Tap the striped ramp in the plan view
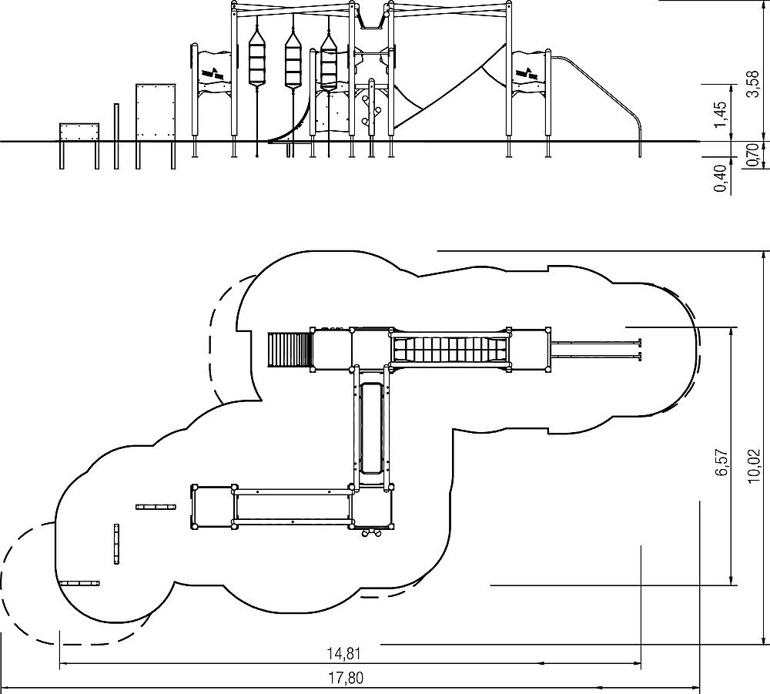click(289, 350)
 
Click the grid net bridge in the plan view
click(450, 349)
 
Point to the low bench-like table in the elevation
click(79, 132)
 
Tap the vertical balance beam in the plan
click(117, 543)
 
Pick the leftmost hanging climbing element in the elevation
click(256, 62)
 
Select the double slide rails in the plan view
click(597, 350)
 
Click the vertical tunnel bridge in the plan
click(372, 427)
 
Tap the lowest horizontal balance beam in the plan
click(80, 583)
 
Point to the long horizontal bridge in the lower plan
click(293, 507)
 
